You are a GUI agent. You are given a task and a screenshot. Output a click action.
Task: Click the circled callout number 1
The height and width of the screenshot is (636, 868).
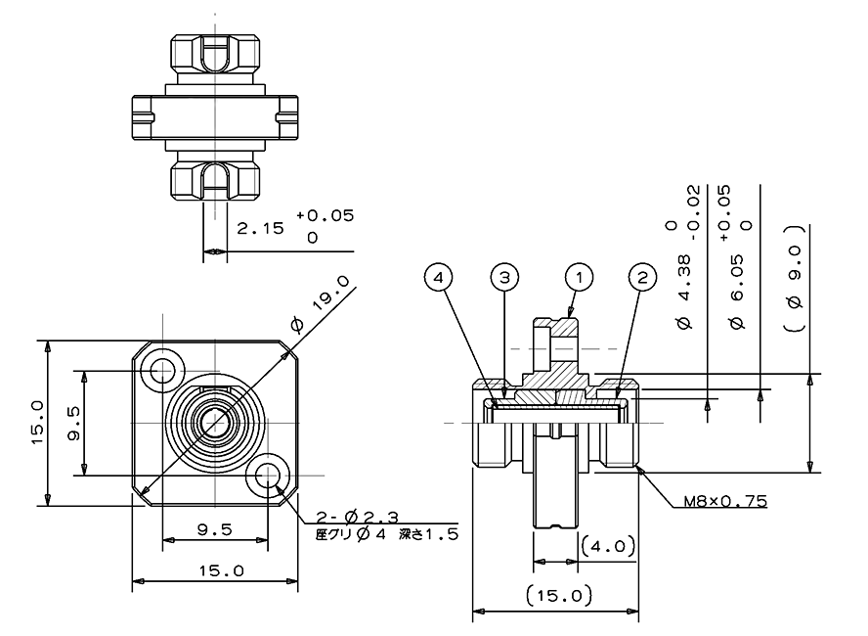pyautogui.click(x=579, y=277)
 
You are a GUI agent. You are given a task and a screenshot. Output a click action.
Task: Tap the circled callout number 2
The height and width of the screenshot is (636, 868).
pyautogui.click(x=642, y=277)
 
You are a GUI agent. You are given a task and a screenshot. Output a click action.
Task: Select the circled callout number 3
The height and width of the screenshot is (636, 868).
pyautogui.click(x=504, y=277)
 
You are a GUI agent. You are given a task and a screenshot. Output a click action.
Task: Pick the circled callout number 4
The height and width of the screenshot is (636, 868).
pyautogui.click(x=439, y=277)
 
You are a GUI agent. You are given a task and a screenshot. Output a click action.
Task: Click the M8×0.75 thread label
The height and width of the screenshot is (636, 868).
pyautogui.click(x=725, y=501)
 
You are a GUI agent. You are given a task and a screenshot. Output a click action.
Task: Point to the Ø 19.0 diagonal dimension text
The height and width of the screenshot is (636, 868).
pyautogui.click(x=322, y=305)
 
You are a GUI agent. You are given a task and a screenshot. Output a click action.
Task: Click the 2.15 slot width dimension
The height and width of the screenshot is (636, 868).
pyautogui.click(x=260, y=228)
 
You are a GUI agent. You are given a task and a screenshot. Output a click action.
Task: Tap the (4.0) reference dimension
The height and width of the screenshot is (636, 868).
pyautogui.click(x=607, y=547)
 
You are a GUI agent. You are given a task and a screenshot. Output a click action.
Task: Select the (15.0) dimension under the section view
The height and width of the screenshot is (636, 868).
pyautogui.click(x=559, y=596)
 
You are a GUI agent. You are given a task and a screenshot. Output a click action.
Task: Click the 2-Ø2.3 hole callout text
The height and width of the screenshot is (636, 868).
pyautogui.click(x=357, y=518)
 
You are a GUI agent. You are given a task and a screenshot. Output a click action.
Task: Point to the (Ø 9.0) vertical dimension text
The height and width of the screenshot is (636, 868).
pyautogui.click(x=795, y=278)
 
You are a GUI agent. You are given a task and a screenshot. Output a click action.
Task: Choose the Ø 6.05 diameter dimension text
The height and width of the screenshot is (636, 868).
pyautogui.click(x=737, y=292)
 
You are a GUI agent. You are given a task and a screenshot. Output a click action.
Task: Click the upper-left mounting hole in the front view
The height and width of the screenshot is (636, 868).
pyautogui.click(x=162, y=370)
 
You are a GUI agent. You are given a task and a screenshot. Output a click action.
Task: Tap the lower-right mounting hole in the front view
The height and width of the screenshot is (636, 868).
pyautogui.click(x=268, y=475)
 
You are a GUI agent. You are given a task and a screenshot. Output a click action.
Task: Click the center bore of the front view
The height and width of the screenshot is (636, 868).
pyautogui.click(x=215, y=423)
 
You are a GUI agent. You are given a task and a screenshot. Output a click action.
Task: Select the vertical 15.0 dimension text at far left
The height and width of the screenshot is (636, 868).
pyautogui.click(x=37, y=423)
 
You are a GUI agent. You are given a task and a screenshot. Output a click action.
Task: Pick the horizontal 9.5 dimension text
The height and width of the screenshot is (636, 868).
pyautogui.click(x=215, y=530)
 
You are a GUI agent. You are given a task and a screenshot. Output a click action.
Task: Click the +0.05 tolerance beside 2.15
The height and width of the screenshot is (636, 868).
pyautogui.click(x=325, y=215)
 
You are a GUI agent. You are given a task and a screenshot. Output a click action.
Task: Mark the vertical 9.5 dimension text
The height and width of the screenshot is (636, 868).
pyautogui.click(x=73, y=424)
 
